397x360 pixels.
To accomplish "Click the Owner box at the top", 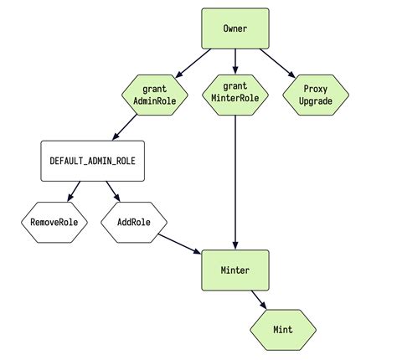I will [235, 28].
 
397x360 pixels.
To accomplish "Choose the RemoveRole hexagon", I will [55, 223].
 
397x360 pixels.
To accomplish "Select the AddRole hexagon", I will [134, 223].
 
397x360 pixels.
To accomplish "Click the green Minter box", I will [235, 270].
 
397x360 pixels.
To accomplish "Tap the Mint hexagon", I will [283, 329].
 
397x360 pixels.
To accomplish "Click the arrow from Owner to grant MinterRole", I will [235, 60].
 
